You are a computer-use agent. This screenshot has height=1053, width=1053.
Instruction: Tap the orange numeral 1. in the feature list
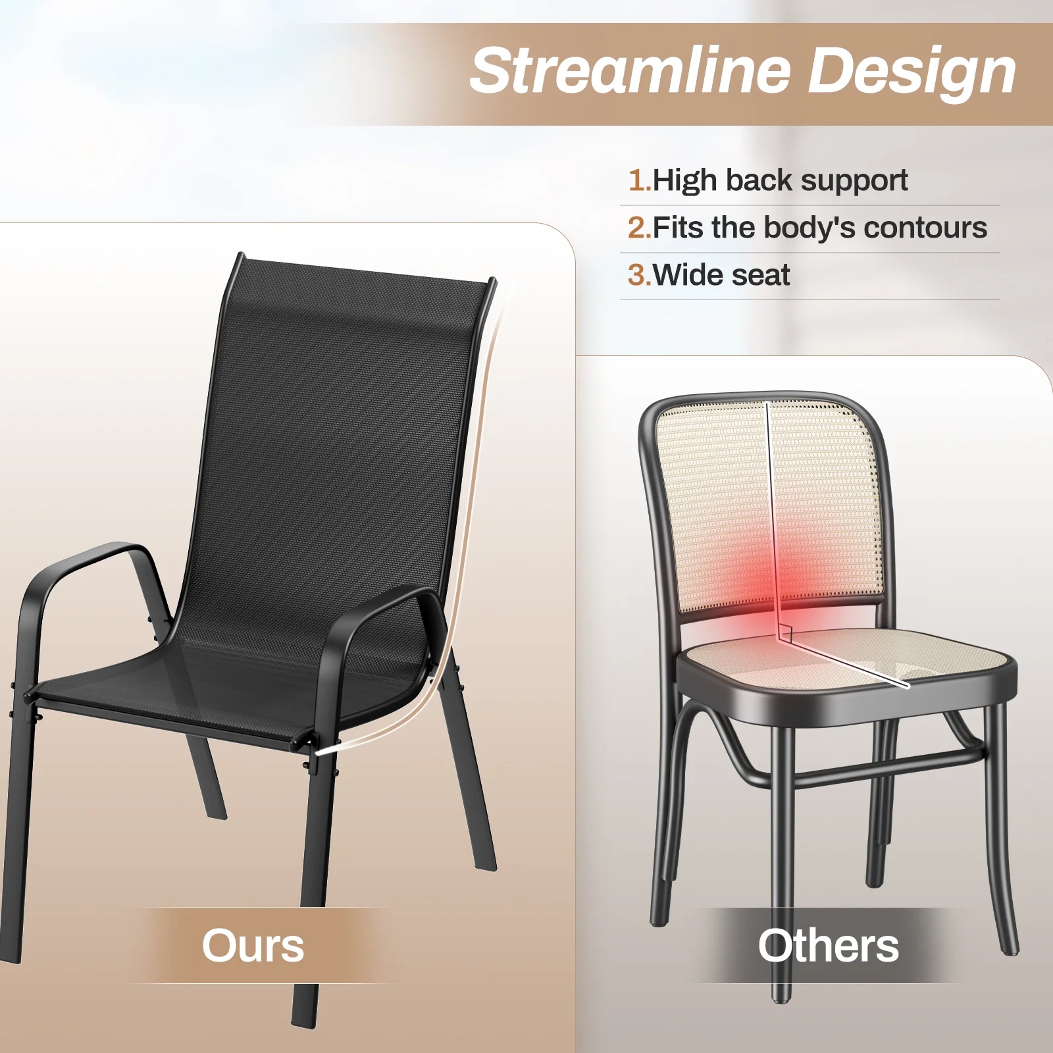640,180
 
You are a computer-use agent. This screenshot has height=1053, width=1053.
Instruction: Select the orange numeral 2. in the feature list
640,228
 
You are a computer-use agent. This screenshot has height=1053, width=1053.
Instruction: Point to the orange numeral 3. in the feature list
640,275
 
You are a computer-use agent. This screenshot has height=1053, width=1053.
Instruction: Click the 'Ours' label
253,946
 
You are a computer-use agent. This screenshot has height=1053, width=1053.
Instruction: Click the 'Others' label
828,946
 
